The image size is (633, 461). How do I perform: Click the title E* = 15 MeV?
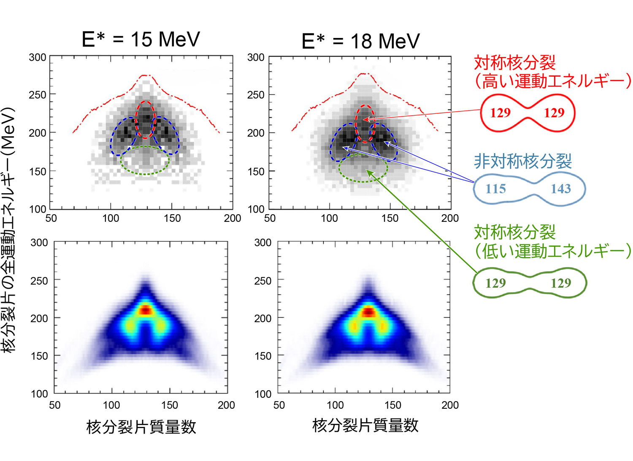141,40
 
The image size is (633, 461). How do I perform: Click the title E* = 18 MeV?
360,41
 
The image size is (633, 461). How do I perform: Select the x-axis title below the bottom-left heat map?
141,427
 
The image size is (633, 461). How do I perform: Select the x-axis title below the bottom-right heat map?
365,425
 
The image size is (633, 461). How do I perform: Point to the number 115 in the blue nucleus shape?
495,189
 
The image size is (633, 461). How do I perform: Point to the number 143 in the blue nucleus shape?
560,189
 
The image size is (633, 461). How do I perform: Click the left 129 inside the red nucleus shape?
500,113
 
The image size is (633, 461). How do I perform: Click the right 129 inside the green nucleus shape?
560,283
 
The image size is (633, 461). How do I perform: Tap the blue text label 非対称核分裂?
522,161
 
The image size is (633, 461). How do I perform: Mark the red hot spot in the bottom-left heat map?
145,311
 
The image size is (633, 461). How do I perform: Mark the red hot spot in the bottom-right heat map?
368,312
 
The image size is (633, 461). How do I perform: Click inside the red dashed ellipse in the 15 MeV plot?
145,120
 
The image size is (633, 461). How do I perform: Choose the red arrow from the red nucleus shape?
422,115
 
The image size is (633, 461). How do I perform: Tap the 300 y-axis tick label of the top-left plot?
37,57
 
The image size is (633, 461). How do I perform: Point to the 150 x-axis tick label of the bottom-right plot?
392,405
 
